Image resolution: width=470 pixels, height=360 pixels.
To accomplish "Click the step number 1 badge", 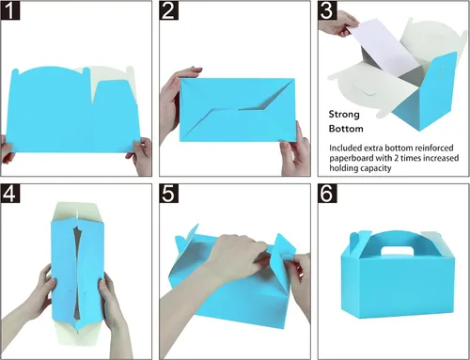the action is click(x=10, y=10).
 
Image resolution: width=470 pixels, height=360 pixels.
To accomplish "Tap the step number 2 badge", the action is click(x=169, y=10).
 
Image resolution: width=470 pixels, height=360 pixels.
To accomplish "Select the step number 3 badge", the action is click(x=327, y=10).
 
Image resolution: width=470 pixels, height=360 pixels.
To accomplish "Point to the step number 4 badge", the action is click(x=10, y=194).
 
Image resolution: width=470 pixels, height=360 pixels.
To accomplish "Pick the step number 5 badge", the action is click(x=169, y=194).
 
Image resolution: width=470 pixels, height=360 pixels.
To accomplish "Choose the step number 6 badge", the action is click(x=327, y=194).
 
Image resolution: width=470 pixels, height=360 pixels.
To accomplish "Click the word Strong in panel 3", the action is click(x=344, y=115).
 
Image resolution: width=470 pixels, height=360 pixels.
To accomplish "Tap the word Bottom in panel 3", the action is click(x=346, y=129).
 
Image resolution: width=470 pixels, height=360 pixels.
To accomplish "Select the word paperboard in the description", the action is click(x=351, y=158).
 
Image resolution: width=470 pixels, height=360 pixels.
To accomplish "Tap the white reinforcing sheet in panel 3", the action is click(x=388, y=47).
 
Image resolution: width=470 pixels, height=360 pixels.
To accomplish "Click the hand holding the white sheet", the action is click(x=339, y=23).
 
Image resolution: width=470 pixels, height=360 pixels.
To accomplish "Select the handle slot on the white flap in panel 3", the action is click(x=365, y=91).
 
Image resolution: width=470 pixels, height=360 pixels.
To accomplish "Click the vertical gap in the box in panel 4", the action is click(x=77, y=270).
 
